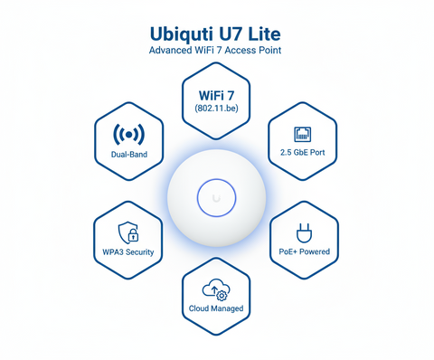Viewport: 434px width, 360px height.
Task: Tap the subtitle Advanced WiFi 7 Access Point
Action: pos(216,51)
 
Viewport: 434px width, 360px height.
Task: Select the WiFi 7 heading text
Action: pos(216,93)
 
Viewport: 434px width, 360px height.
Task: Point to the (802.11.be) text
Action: pos(216,109)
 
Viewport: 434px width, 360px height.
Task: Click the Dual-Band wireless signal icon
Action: pos(128,136)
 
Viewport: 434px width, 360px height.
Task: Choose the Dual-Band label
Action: pos(128,156)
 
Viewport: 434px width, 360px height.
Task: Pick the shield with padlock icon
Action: pos(128,232)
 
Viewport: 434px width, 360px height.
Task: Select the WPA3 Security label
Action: pos(128,251)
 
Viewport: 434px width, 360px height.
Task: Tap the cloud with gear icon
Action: pos(216,289)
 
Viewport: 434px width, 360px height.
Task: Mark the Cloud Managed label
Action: pos(216,308)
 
